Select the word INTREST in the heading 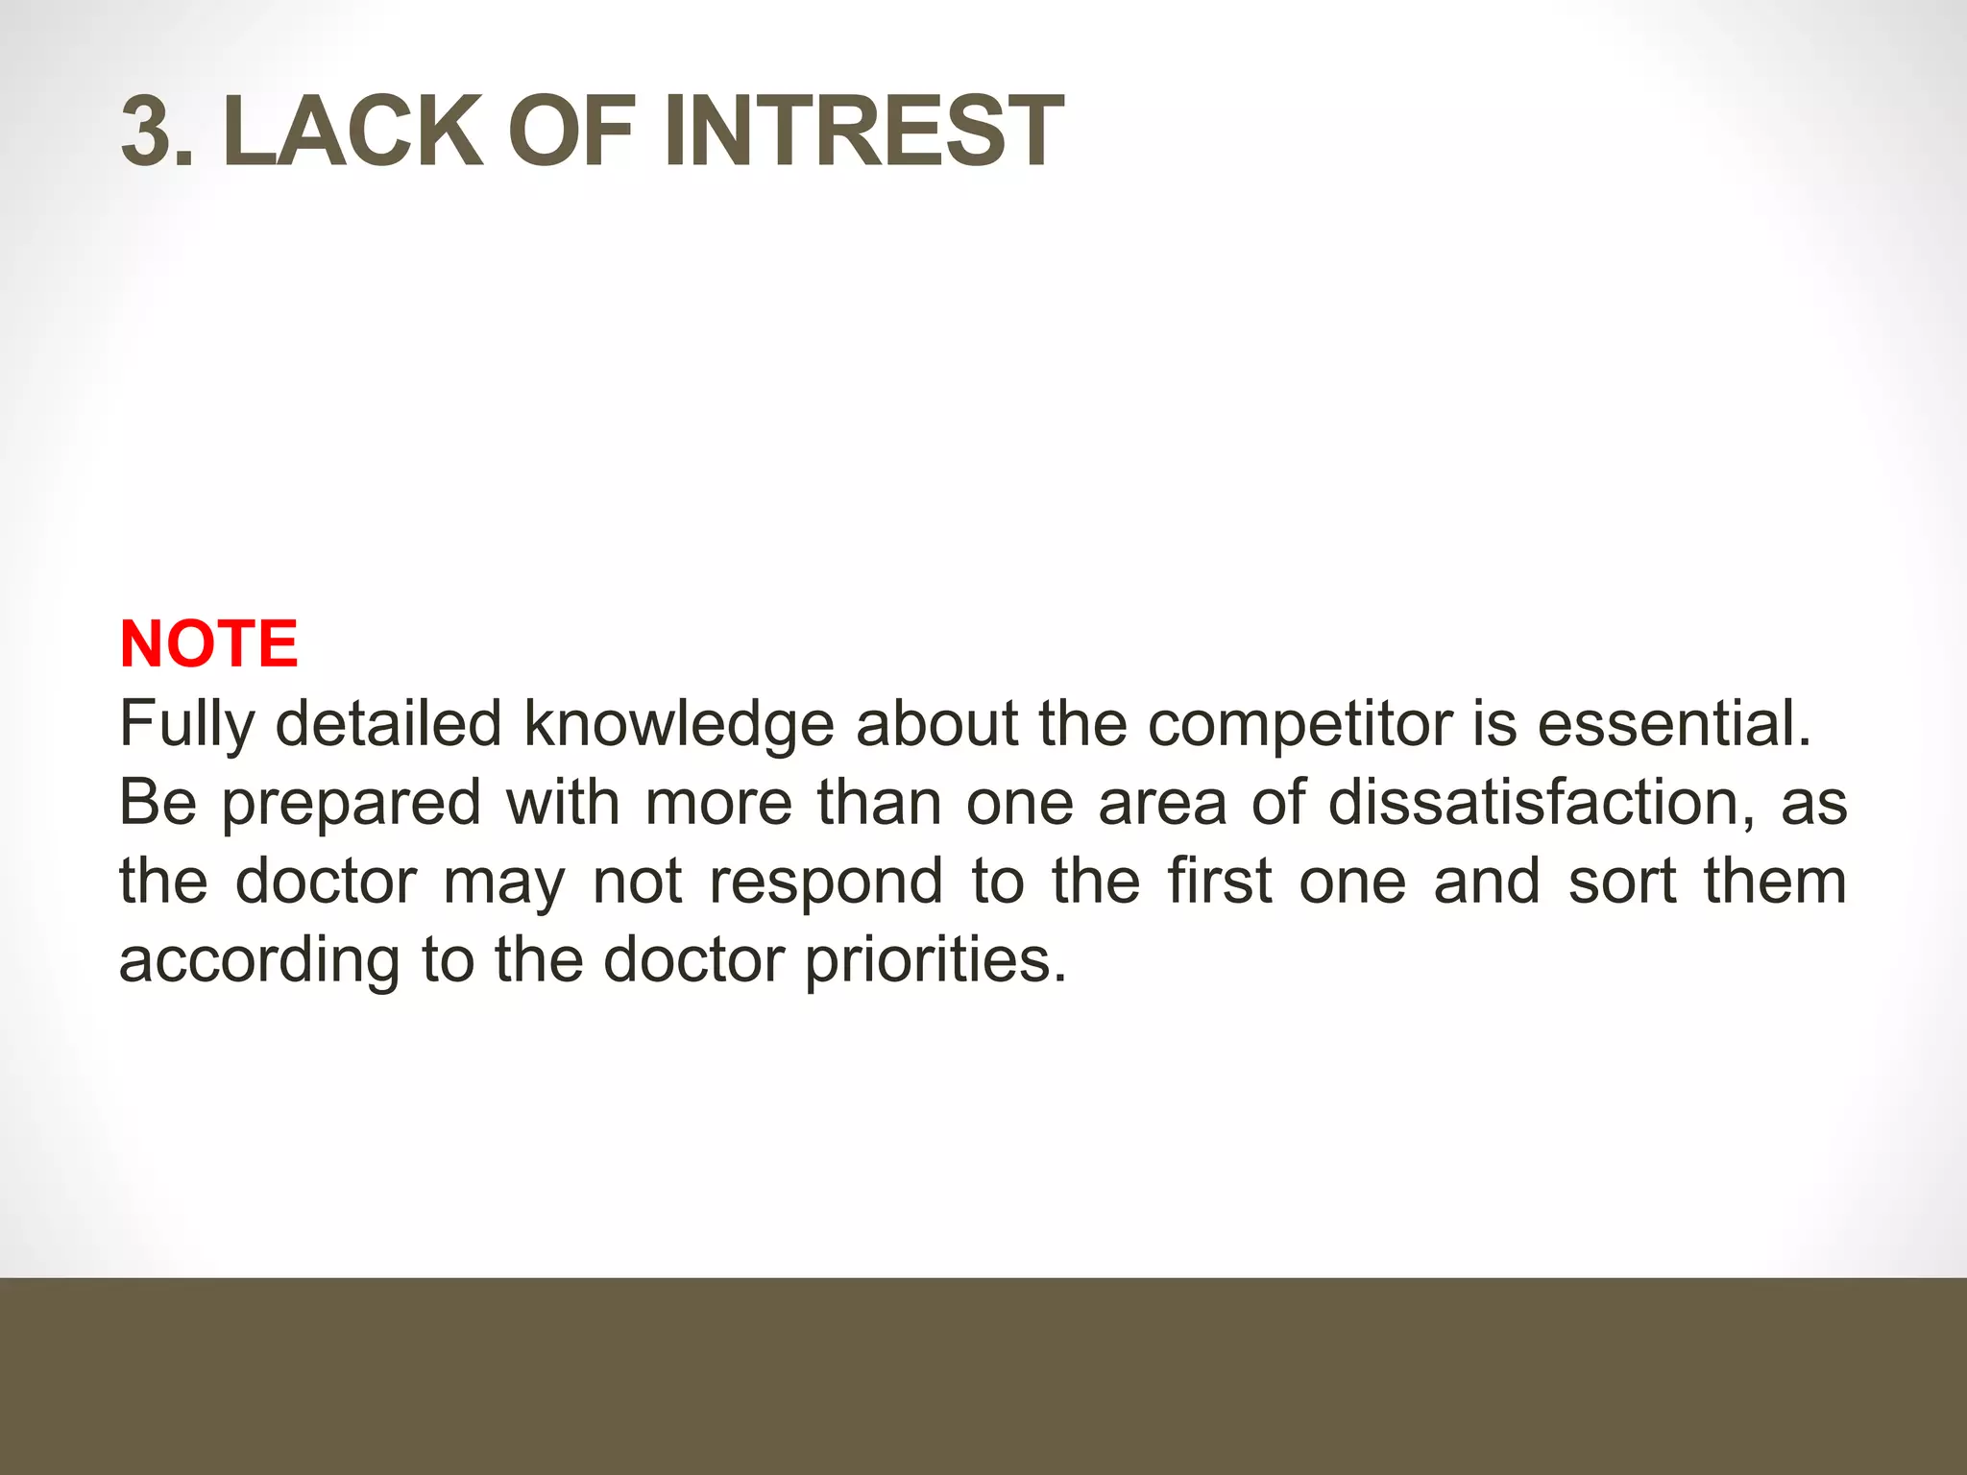click(x=862, y=131)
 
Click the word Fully click(x=186, y=725)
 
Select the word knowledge click(x=678, y=725)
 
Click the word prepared click(x=351, y=805)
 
